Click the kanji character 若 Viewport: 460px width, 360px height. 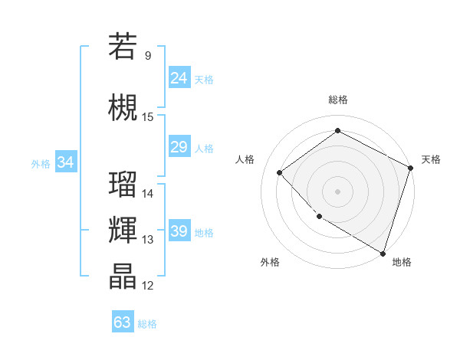click(123, 47)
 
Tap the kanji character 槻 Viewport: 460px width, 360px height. click(123, 107)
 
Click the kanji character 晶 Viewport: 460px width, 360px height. click(123, 277)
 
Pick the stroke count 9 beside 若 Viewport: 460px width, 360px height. click(147, 56)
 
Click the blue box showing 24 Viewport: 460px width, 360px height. click(179, 77)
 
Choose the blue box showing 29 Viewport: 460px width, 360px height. click(179, 147)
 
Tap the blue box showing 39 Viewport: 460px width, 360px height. click(179, 231)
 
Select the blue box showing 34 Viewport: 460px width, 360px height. click(65, 162)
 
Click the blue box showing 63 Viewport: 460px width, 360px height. click(122, 322)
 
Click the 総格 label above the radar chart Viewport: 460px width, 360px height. click(337, 100)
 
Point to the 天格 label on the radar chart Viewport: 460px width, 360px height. click(431, 159)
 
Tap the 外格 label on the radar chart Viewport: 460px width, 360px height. click(270, 263)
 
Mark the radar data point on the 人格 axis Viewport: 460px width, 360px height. click(280, 172)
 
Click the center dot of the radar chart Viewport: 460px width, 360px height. click(337, 191)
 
